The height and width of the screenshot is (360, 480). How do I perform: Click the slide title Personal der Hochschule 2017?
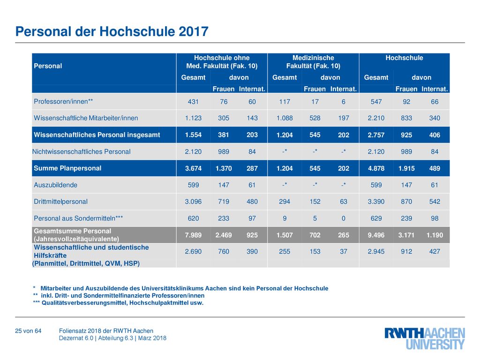(x=112, y=31)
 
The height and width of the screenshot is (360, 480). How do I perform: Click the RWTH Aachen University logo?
(x=425, y=338)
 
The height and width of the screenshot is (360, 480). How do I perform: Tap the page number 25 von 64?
(x=28, y=331)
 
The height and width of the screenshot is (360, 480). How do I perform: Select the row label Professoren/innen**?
(x=63, y=101)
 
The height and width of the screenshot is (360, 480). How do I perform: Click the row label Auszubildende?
(x=55, y=185)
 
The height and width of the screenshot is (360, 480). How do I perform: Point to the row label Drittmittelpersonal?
(x=60, y=202)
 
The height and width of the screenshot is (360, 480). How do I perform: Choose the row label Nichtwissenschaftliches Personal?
(x=82, y=151)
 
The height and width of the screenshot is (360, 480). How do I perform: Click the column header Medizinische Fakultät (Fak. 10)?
(x=313, y=62)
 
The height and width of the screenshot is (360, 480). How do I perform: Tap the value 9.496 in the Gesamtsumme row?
(x=376, y=235)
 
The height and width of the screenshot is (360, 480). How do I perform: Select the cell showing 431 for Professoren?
(x=193, y=102)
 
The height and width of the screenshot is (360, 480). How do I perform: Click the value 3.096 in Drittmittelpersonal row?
(x=193, y=202)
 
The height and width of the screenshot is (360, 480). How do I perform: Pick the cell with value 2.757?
(x=376, y=135)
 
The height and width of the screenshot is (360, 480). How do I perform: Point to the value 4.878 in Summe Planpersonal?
(x=376, y=168)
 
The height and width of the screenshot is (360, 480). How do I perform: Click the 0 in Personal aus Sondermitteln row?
(x=344, y=218)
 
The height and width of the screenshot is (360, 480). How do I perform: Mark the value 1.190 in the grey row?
(x=435, y=235)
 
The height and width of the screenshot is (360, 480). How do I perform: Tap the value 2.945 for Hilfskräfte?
(x=376, y=251)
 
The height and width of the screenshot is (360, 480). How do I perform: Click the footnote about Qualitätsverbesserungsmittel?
(x=118, y=303)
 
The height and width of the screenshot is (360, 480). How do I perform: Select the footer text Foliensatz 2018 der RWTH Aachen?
(x=106, y=331)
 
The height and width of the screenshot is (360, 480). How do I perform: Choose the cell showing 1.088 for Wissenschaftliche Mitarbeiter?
(x=285, y=118)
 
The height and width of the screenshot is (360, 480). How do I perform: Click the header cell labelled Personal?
(x=48, y=66)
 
